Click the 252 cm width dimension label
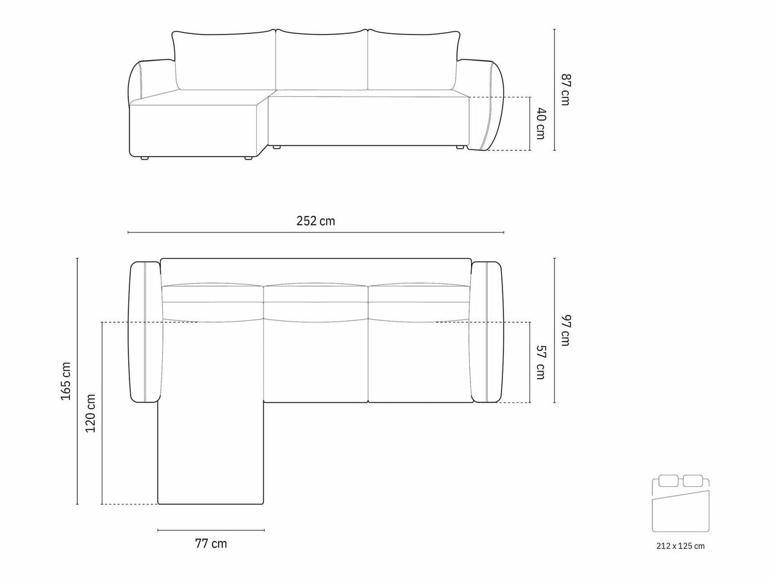pyautogui.click(x=315, y=221)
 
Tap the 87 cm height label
pyautogui.click(x=565, y=90)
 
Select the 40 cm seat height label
pyautogui.click(x=540, y=123)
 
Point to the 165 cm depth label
pyautogui.click(x=66, y=381)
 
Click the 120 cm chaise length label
pyautogui.click(x=90, y=413)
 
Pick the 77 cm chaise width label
pyautogui.click(x=211, y=554)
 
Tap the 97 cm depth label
pyautogui.click(x=565, y=331)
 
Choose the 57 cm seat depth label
pyautogui.click(x=540, y=363)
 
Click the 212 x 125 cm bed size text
pyautogui.click(x=681, y=555)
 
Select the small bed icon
pyautogui.click(x=681, y=508)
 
